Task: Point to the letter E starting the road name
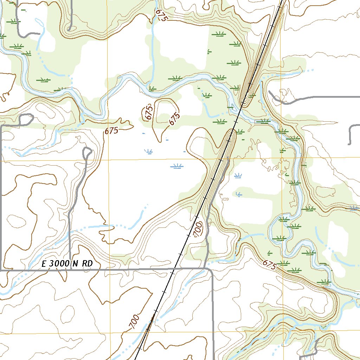[x=44, y=264]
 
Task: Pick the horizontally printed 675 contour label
[x=111, y=131]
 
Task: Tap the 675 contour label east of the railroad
[x=269, y=264]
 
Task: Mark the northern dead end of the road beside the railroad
[x=229, y=159]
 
